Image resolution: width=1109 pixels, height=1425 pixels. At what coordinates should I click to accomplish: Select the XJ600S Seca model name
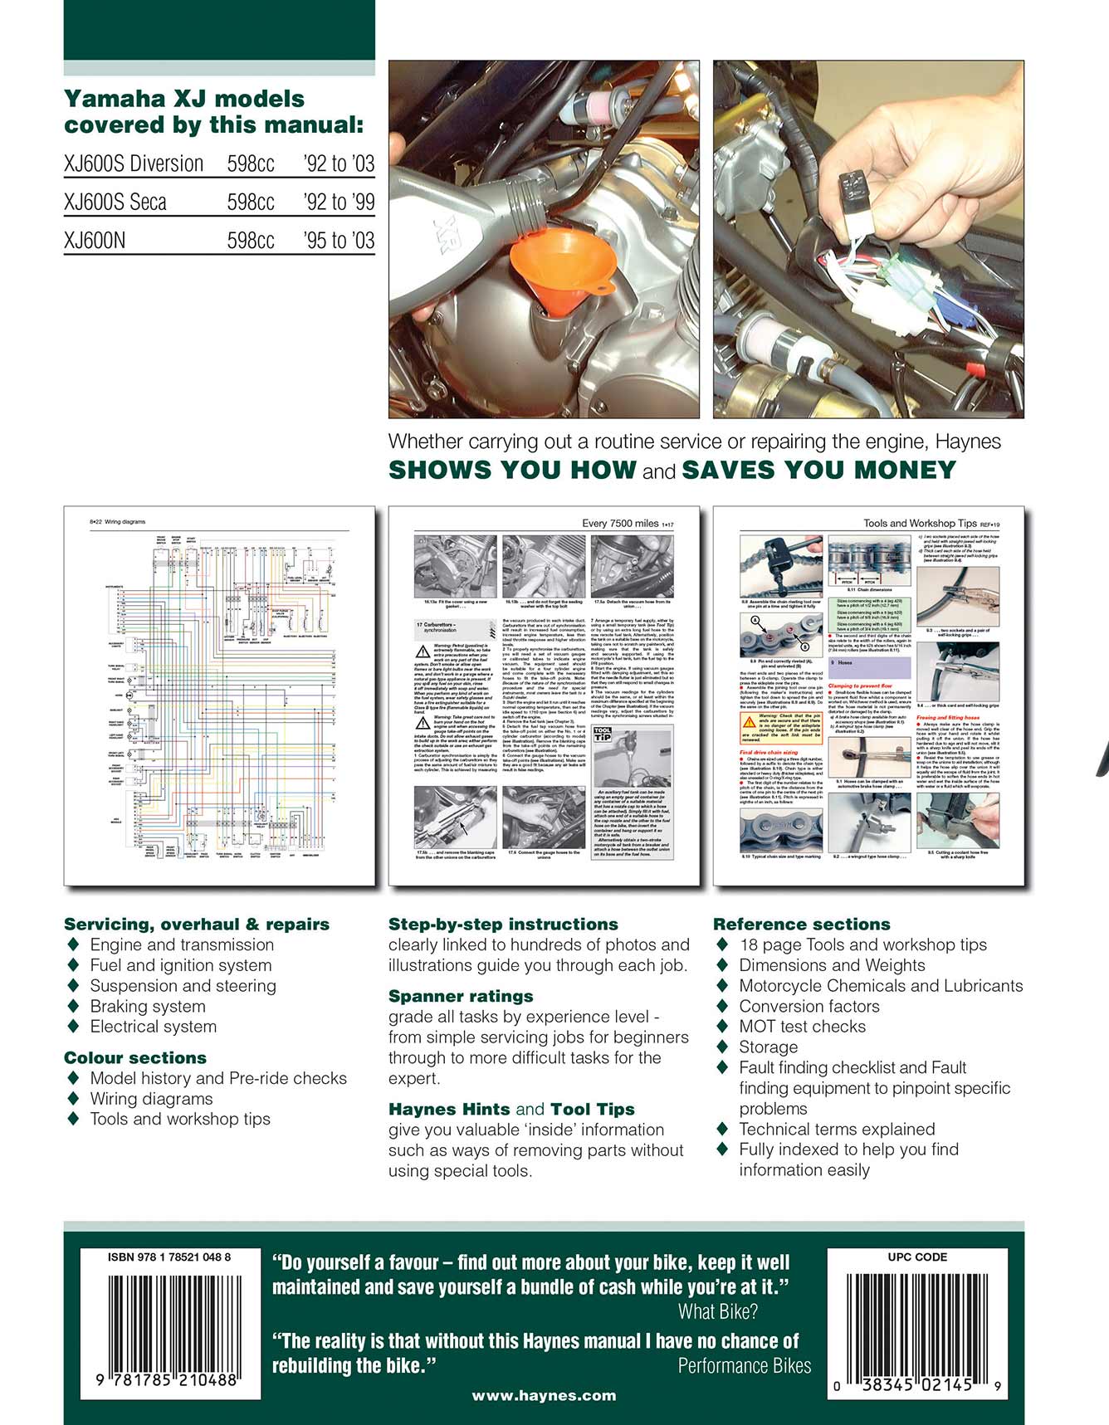115,202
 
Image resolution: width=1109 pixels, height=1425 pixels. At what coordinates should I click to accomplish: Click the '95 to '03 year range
339,241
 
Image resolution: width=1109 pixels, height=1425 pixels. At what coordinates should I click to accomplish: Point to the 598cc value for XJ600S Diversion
251,163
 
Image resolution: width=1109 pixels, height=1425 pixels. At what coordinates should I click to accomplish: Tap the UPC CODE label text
917,1257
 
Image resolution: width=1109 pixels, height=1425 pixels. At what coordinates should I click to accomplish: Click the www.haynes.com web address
544,1395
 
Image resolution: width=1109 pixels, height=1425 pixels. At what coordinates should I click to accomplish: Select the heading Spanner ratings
461,996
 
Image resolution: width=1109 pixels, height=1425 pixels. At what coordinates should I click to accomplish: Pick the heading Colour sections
135,1057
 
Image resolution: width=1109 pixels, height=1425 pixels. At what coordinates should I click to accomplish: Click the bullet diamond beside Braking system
74,1006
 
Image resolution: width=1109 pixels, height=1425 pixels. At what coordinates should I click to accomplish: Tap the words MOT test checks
802,1027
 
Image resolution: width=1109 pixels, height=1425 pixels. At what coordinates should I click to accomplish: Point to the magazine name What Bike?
717,1311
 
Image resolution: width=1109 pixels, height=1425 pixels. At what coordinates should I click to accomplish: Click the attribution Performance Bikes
744,1365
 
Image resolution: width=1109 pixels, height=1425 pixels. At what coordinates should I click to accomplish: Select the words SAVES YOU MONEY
818,470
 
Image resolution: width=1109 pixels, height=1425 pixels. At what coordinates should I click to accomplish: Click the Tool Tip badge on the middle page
603,734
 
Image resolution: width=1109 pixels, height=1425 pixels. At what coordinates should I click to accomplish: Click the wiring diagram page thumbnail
219,695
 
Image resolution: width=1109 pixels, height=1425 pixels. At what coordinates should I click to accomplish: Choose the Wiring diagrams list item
151,1098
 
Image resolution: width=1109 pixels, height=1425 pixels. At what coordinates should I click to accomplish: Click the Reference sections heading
801,924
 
